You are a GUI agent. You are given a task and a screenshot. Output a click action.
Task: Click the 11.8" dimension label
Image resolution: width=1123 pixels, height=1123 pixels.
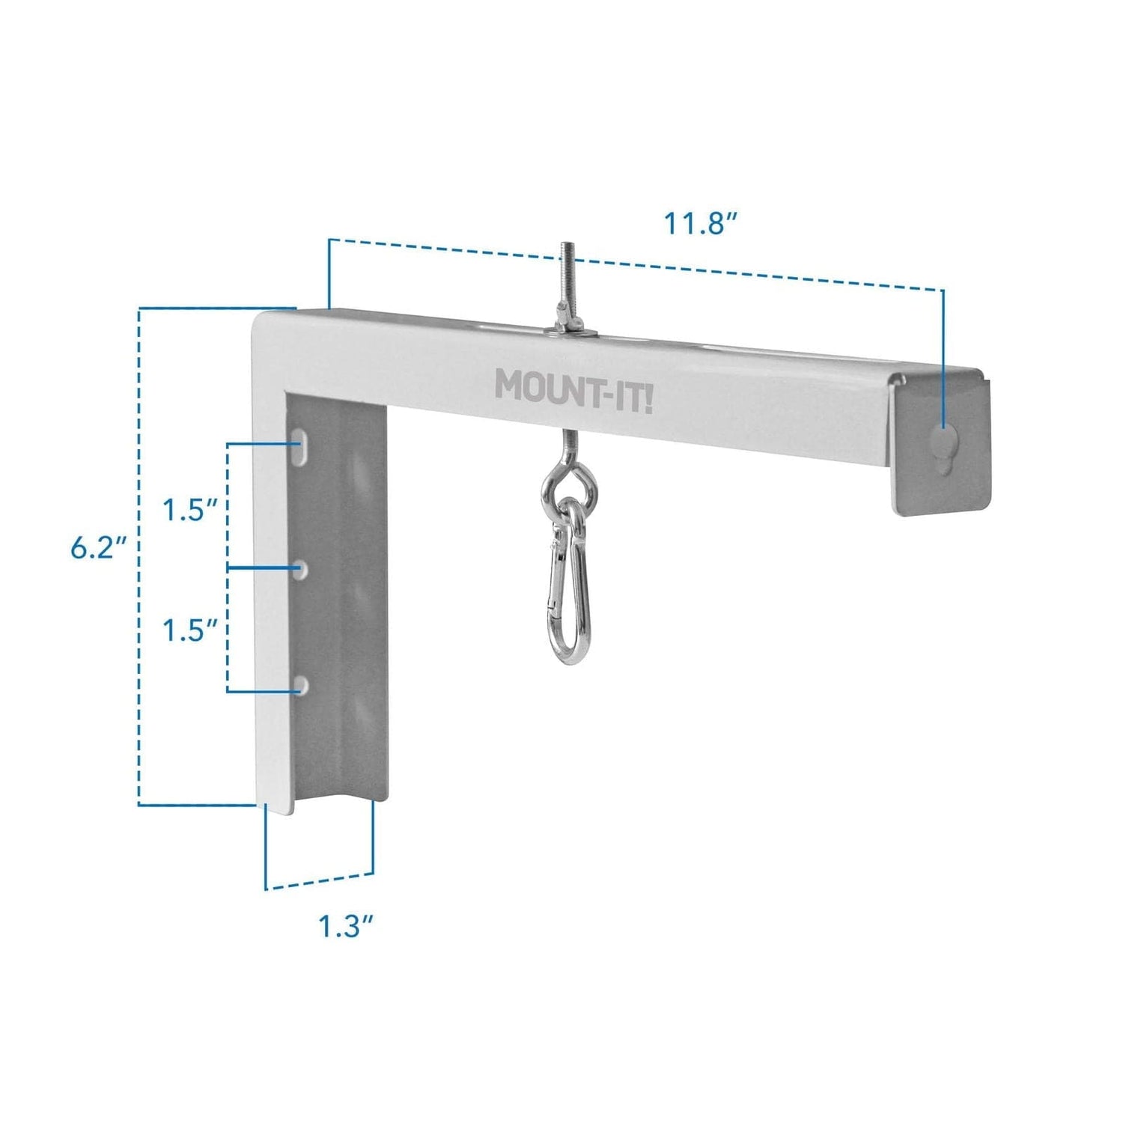[701, 223]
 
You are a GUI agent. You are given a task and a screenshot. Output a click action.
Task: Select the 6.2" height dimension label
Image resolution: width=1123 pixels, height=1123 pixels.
[96, 548]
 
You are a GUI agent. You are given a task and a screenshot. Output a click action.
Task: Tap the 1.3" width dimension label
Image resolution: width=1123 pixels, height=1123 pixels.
[346, 926]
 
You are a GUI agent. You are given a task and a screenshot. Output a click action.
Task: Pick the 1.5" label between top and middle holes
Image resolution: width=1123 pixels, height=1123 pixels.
[190, 511]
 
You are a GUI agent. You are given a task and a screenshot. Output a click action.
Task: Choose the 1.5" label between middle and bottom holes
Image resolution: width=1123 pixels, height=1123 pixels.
[190, 630]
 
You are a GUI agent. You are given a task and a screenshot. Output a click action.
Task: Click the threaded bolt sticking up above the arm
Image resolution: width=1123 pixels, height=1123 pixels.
[563, 284]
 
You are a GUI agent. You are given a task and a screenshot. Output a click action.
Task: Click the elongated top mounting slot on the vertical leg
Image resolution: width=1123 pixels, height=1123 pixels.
[302, 443]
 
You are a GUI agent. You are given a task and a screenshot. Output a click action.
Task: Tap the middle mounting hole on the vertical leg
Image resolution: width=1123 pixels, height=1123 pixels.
[301, 568]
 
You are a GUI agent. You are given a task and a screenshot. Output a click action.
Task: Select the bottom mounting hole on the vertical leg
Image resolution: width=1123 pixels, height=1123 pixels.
[301, 685]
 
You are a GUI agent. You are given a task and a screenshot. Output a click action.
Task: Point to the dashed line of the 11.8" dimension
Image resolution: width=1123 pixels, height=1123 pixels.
[636, 264]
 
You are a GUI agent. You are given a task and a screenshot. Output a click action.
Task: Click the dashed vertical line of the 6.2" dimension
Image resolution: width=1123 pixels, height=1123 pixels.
[139, 554]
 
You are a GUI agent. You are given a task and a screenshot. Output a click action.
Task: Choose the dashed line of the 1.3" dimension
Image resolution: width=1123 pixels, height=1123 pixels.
[320, 881]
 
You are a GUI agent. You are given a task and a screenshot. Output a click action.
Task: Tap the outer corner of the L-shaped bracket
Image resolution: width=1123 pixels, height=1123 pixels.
[259, 319]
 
